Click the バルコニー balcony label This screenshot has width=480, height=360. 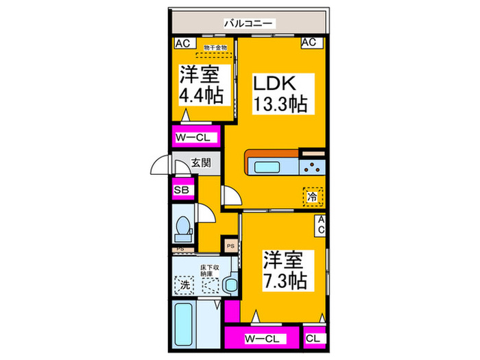pyautogui.click(x=248, y=24)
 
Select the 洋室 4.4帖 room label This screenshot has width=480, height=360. pyautogui.click(x=201, y=85)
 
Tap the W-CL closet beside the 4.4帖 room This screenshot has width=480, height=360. pyautogui.click(x=195, y=137)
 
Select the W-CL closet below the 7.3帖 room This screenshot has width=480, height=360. pyautogui.click(x=261, y=338)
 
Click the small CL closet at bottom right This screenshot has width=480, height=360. pyautogui.click(x=312, y=338)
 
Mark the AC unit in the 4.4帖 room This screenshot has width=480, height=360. pyautogui.click(x=182, y=43)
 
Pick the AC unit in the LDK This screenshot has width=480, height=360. pyautogui.click(x=309, y=43)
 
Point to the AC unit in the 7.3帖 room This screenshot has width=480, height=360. pyautogui.click(x=320, y=225)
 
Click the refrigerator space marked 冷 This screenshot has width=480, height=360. pyautogui.click(x=312, y=196)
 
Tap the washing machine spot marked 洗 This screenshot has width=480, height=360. pyautogui.click(x=184, y=283)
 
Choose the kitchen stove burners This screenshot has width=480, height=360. pyautogui.click(x=312, y=166)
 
